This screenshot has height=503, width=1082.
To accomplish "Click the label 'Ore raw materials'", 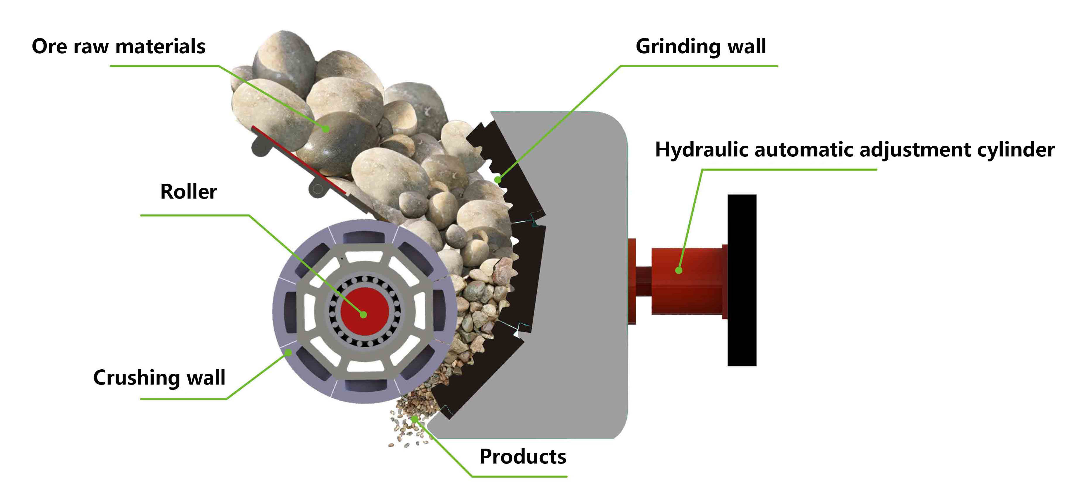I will (119, 46).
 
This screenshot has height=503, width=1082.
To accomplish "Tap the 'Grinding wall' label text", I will (701, 46).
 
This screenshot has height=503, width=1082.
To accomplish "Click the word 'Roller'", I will (188, 192).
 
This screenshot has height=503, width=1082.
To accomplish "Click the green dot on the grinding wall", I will (498, 180).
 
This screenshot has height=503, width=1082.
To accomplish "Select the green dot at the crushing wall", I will (289, 352).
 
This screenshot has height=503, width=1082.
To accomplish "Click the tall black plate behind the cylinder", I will (742, 280).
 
